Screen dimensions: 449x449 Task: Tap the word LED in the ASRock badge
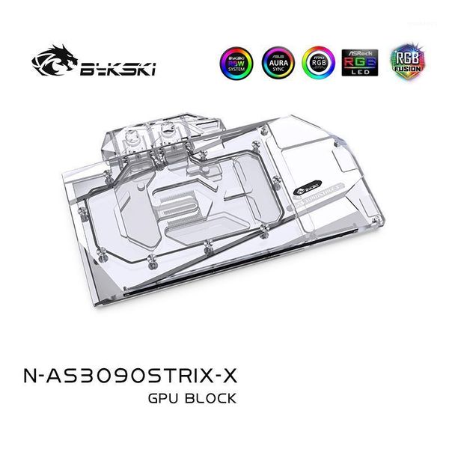point(359,77)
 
